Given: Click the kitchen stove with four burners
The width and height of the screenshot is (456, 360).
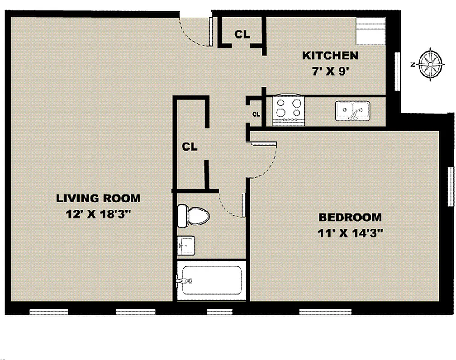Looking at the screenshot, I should tap(288, 109).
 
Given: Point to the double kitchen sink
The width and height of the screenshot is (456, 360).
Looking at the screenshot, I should tap(353, 110).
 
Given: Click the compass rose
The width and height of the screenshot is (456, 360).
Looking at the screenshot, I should tap(430, 64).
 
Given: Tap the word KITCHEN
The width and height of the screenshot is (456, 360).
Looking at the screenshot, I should tap(330, 56).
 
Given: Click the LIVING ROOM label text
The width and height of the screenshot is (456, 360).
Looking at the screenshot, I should tap(98, 198).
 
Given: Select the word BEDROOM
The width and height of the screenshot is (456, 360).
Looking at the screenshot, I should tap(350, 218).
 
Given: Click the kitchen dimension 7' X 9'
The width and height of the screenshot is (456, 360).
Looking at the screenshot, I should tap(331, 72).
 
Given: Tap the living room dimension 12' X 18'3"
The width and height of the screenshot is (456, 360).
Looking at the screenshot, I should tap(98, 214).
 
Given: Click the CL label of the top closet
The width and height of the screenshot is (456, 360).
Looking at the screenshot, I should tap(242, 34).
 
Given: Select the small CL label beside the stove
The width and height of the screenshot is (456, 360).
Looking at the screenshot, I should tap(256, 114).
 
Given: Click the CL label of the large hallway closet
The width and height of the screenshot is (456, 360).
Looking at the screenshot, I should tap(190, 147).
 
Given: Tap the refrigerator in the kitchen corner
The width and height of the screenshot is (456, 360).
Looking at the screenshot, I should tap(371, 31).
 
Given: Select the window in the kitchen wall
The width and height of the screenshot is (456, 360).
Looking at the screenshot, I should tap(398, 72).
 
